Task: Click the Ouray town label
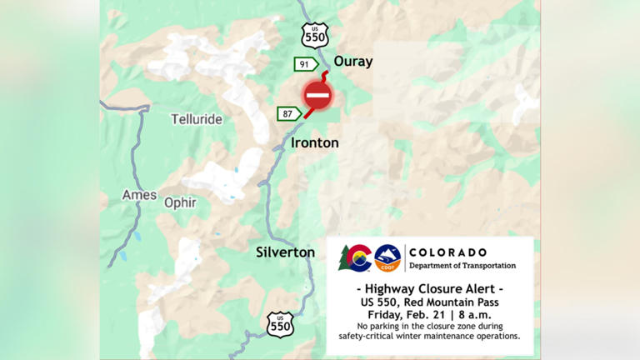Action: click(x=353, y=62)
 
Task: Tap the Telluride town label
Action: click(x=197, y=119)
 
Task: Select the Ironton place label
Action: click(x=315, y=143)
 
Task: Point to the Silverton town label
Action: click(x=285, y=252)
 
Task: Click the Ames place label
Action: click(x=139, y=194)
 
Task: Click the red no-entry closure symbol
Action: click(x=317, y=97)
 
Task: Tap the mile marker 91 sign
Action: click(x=305, y=64)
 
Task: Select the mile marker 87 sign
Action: click(x=289, y=114)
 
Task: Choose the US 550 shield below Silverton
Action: click(x=281, y=323)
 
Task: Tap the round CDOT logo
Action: click(x=387, y=258)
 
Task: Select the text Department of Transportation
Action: click(x=462, y=266)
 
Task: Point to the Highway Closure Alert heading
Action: click(x=430, y=287)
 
